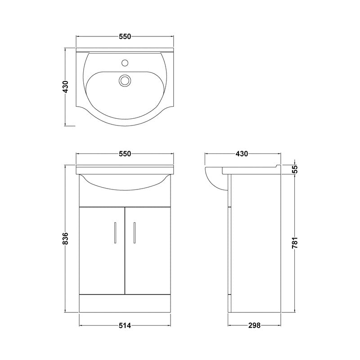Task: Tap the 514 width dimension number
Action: click(x=125, y=325)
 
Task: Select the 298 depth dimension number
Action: click(x=254, y=325)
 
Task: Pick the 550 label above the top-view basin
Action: click(x=125, y=37)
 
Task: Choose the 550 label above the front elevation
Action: click(x=125, y=154)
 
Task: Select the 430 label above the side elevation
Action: click(x=242, y=154)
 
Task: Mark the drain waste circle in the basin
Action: click(x=125, y=81)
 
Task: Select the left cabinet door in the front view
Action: click(x=102, y=250)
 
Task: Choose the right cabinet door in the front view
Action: click(x=148, y=250)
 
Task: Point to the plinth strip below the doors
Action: click(x=125, y=303)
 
